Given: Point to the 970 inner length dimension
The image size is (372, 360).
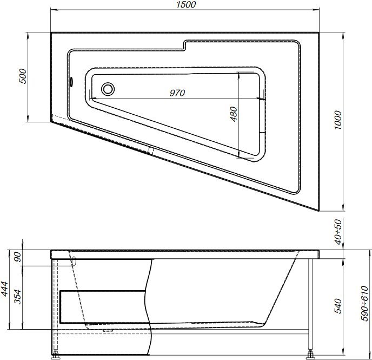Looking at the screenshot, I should [x=177, y=93].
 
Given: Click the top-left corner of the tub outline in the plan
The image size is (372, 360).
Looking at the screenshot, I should [x=51, y=33].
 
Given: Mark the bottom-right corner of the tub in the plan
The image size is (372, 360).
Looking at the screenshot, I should [x=319, y=211].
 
